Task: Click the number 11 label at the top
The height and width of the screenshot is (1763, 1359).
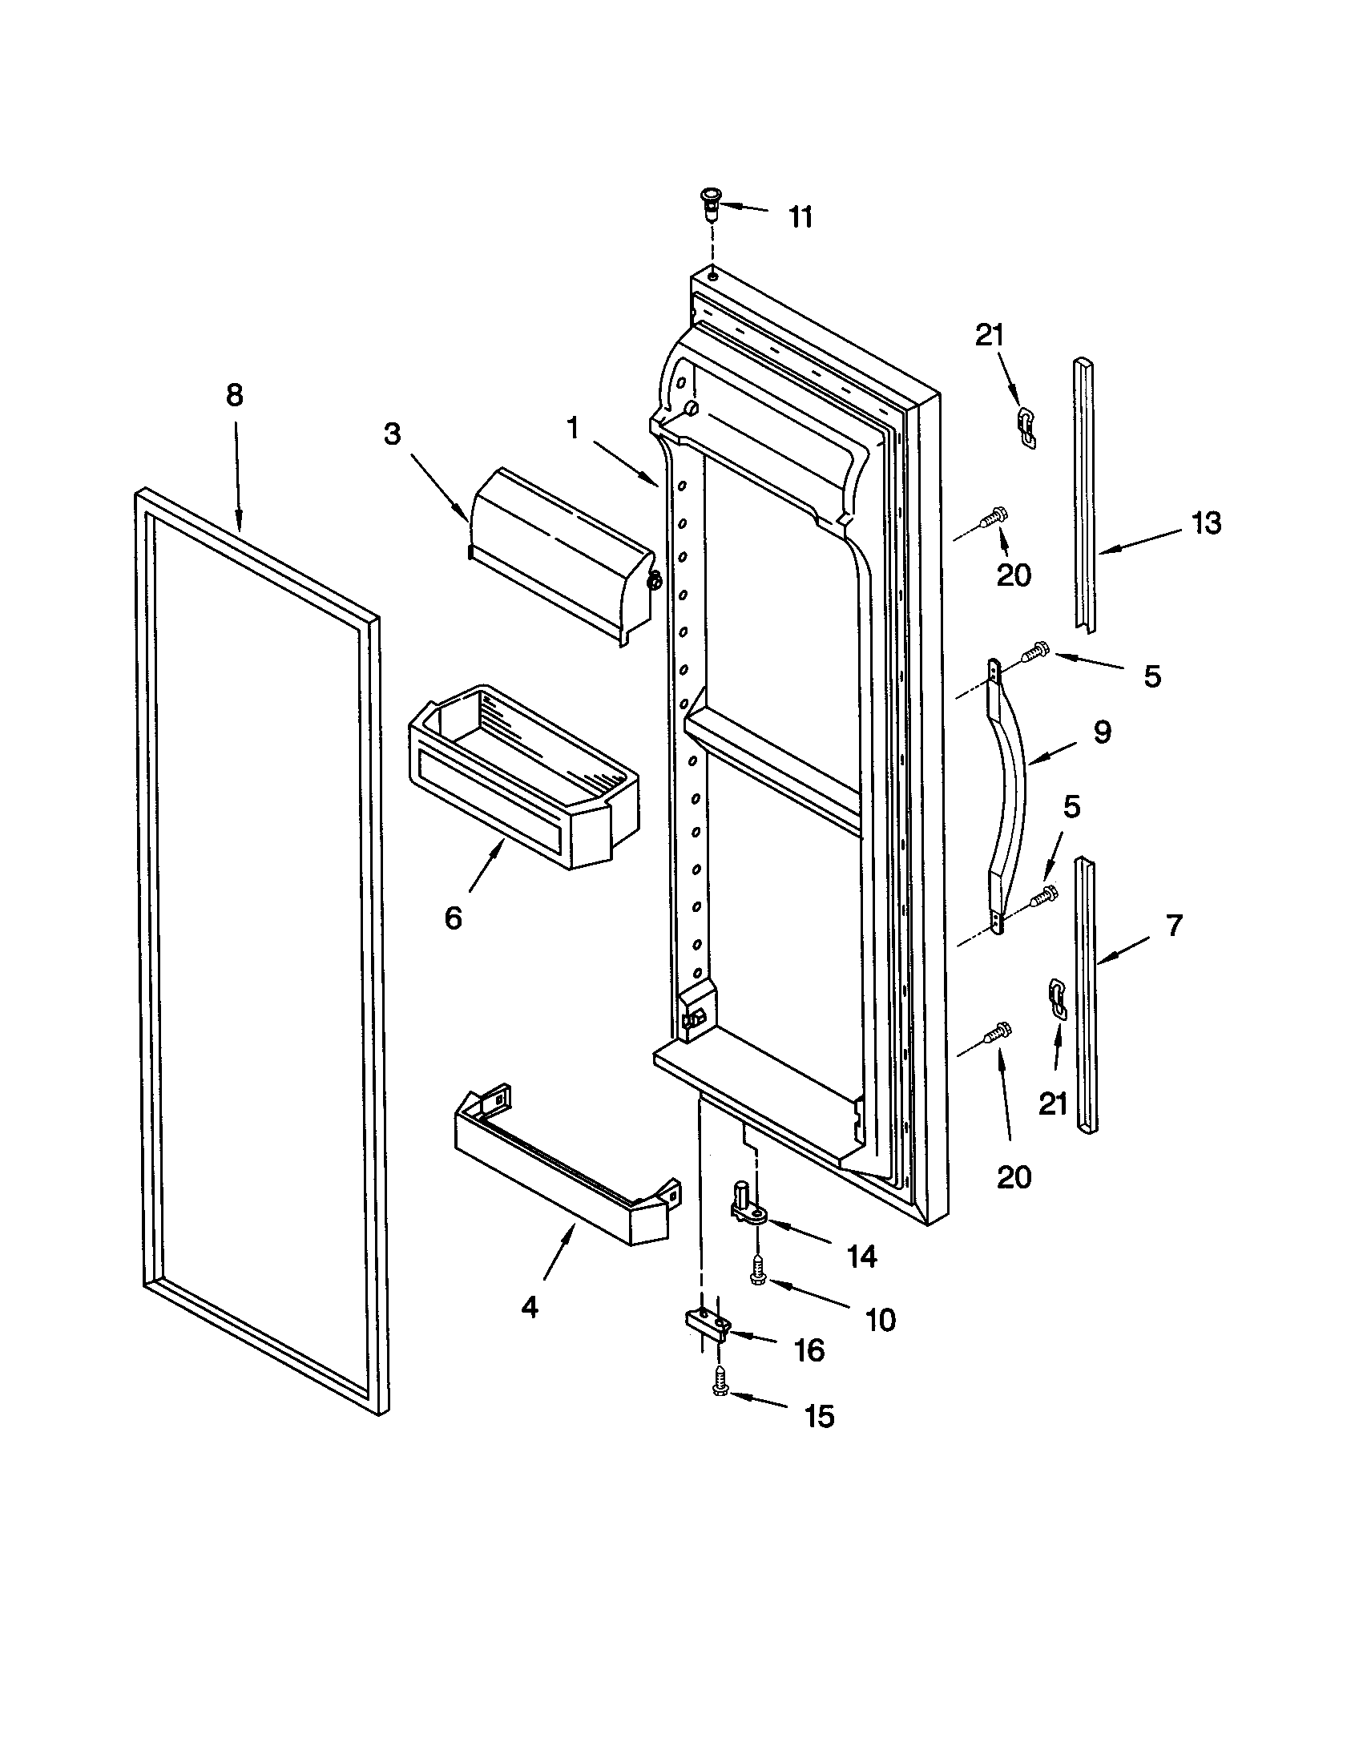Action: point(800,217)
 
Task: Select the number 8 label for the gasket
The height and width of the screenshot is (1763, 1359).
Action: point(234,395)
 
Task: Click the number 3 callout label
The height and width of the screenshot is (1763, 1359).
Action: point(391,434)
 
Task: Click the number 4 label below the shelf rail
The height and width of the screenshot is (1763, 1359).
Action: point(529,1307)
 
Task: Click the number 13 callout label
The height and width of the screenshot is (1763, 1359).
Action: point(1207,523)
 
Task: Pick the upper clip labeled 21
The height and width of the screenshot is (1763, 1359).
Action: point(1026,427)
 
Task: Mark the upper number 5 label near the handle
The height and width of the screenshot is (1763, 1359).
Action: point(1152,676)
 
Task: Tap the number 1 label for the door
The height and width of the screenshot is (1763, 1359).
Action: point(573,429)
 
